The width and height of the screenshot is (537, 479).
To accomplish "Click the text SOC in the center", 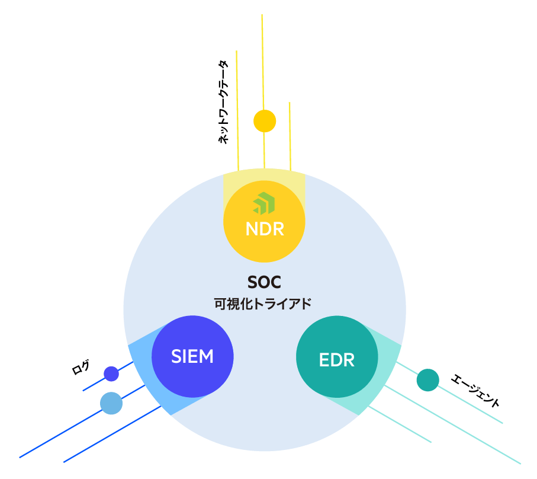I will [x=264, y=282].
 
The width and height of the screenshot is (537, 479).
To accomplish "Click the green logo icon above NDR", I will [x=264, y=203].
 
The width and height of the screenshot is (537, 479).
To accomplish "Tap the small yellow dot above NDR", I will [x=265, y=121].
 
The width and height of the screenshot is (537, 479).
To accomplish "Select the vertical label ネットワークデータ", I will [x=223, y=102].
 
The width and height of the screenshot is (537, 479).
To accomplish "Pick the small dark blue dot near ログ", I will [x=111, y=373].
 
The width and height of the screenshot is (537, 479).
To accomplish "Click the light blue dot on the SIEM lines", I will [x=111, y=403].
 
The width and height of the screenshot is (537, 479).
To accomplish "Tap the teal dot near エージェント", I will [x=427, y=380].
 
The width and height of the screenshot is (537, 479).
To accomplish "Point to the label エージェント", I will [x=475, y=390].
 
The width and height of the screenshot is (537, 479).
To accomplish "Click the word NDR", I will [x=264, y=229].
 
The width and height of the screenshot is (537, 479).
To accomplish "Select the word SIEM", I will [x=192, y=357].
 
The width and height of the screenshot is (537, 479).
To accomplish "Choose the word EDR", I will [x=336, y=360].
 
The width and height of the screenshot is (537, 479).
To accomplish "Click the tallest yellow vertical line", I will [x=262, y=59].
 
